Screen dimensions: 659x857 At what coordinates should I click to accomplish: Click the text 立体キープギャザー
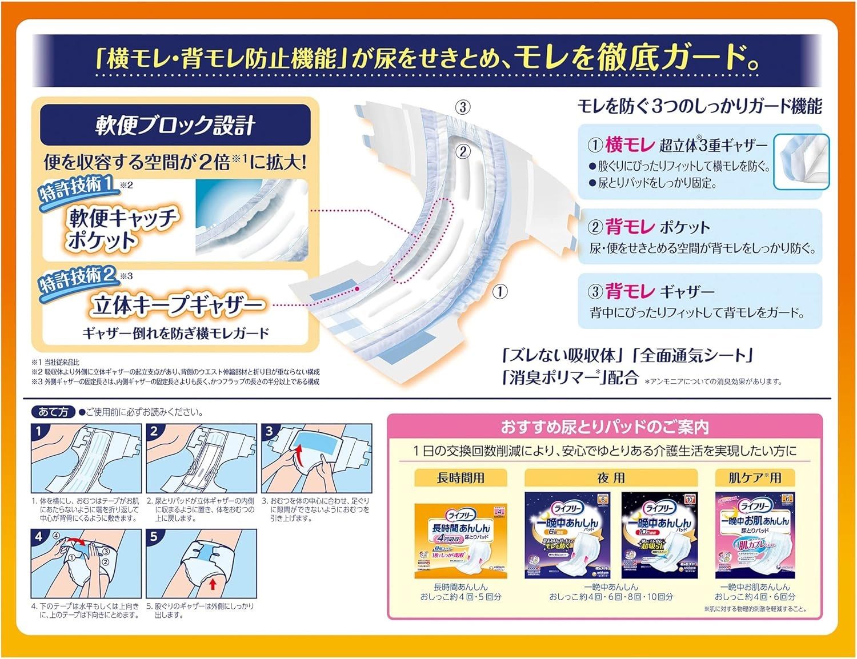(177, 306)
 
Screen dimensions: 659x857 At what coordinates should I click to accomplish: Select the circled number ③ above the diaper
(463, 107)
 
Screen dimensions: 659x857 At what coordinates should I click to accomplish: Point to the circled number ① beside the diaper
(500, 292)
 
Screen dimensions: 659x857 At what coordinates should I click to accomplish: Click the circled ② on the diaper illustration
(463, 151)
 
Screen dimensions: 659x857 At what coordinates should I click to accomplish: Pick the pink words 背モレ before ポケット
(630, 227)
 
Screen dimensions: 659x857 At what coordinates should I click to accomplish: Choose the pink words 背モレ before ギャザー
(630, 291)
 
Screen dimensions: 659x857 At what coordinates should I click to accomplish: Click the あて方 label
(53, 412)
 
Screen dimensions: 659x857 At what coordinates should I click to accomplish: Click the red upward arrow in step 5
(213, 584)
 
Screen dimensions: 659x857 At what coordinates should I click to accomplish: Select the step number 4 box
(39, 537)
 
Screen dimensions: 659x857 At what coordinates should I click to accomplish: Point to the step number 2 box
(154, 432)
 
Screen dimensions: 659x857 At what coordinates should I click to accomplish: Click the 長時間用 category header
(460, 477)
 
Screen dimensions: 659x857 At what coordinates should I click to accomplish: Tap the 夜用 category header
(611, 477)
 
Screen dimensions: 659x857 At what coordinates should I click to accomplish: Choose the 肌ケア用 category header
(754, 477)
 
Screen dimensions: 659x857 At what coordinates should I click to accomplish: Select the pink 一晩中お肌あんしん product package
(754, 536)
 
